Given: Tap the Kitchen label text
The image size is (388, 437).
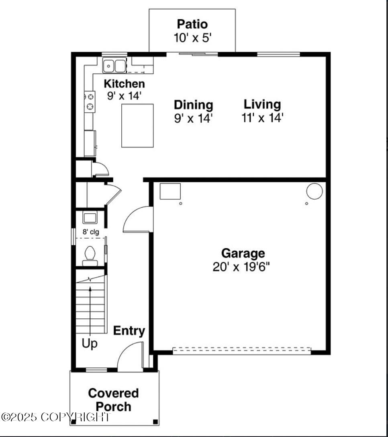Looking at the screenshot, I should click(124, 84).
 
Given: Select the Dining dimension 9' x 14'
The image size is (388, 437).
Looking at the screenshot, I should click(193, 119).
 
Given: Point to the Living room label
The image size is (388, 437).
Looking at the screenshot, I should click(262, 104).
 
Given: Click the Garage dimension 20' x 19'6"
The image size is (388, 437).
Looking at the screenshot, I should click(243, 267).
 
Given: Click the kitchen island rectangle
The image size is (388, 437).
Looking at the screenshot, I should click(138, 125).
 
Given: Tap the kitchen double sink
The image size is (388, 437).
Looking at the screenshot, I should click(114, 66).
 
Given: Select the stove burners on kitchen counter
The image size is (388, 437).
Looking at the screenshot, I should click(90, 101).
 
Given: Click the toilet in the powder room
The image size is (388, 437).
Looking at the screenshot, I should click(90, 255).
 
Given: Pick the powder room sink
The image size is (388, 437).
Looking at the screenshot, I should click(90, 218).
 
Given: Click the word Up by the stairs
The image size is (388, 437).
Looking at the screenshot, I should click(90, 344).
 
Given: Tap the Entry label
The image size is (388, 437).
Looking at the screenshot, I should click(129, 331).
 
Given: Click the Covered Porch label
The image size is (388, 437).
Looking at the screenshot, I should click(113, 399).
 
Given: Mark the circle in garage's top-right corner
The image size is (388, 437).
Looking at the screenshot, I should click(314, 191).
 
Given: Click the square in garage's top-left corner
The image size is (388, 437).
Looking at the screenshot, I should click(170, 191).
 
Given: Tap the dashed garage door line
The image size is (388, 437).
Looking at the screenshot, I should click(241, 350).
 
